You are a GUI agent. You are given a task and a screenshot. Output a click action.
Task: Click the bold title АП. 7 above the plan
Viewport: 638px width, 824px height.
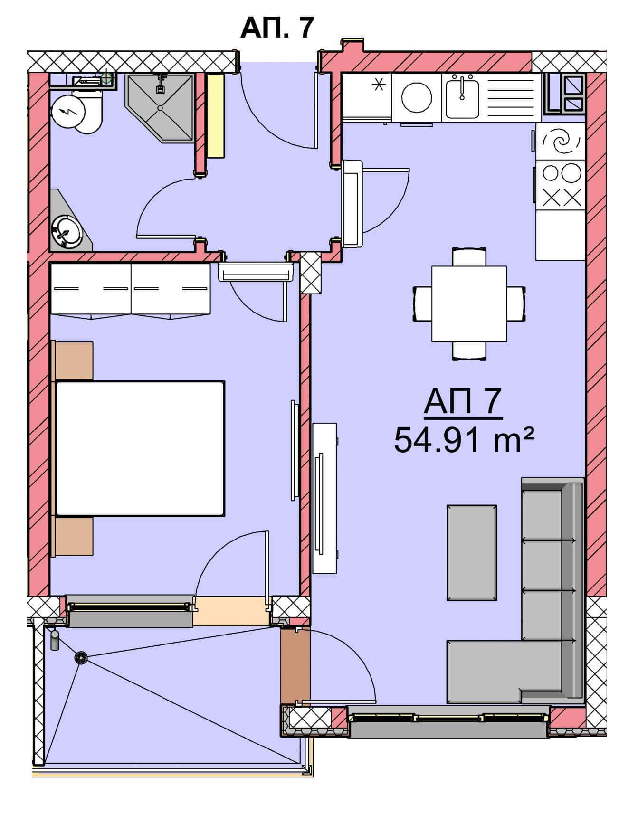click(277, 27)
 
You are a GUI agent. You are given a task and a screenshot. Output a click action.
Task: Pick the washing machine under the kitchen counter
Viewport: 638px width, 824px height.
click(416, 97)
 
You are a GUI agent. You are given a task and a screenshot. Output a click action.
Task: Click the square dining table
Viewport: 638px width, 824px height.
click(469, 303)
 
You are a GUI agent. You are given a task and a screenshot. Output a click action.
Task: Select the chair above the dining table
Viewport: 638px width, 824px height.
click(469, 256)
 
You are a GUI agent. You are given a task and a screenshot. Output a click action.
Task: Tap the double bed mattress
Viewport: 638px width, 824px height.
click(140, 448)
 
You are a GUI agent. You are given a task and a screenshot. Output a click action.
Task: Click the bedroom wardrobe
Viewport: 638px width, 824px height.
click(130, 290)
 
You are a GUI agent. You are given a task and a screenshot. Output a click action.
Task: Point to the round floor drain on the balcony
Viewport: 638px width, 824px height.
click(81, 658)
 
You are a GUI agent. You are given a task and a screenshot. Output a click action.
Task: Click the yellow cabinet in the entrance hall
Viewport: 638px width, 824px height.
click(215, 115)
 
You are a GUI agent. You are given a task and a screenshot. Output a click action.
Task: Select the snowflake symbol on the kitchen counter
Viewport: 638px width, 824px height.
click(379, 85)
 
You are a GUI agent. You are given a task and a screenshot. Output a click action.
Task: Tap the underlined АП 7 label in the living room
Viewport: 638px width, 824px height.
click(463, 402)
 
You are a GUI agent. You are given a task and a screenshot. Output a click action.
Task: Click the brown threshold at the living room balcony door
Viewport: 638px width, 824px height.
click(295, 665)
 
